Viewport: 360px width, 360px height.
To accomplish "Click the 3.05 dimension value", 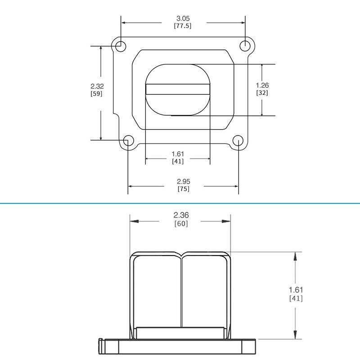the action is (x=183, y=18).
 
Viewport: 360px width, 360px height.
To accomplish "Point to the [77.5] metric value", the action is (x=183, y=26).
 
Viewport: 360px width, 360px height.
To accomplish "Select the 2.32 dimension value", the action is (x=97, y=86).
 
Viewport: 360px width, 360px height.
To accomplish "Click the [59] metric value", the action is (x=96, y=94).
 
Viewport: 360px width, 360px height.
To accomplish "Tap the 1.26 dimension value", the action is (x=262, y=85).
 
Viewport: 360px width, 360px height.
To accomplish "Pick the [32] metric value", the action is (x=262, y=93).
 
